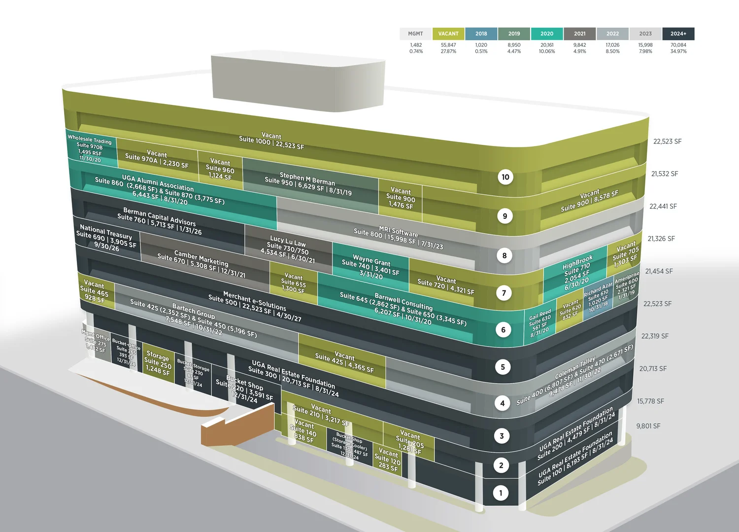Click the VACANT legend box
click(448, 34)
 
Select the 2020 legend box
click(547, 34)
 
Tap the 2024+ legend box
click(678, 34)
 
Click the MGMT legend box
click(415, 34)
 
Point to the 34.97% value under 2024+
click(678, 51)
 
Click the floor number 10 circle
click(505, 177)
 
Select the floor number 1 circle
click(501, 493)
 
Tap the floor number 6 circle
click(503, 330)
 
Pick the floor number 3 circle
click(502, 436)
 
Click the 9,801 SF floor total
click(648, 426)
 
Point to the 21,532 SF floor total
click(665, 174)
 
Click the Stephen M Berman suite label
click(308, 184)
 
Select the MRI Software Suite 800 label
click(398, 238)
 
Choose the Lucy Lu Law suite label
click(288, 249)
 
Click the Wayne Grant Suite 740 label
click(371, 267)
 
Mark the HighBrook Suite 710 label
click(577, 273)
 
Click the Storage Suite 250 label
click(158, 363)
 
